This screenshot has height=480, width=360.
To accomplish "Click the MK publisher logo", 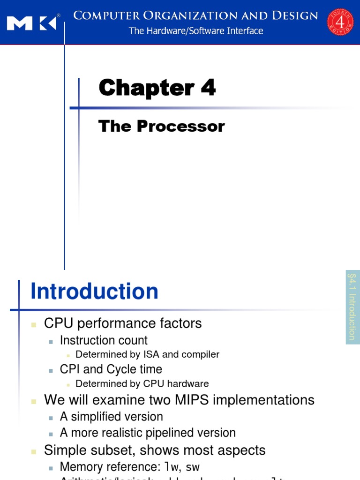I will (32, 22).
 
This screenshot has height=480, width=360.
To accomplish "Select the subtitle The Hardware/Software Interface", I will (196, 31).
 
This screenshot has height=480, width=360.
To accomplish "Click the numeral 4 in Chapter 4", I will (208, 88).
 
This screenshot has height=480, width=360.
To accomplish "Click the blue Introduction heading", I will (94, 292).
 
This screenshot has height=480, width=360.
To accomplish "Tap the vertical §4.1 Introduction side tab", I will (352, 307).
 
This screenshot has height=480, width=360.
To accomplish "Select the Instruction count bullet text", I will (104, 340).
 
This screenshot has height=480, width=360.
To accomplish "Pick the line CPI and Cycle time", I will (111, 369).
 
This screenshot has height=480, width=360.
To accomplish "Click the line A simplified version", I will (111, 417).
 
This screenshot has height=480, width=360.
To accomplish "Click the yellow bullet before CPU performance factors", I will (34, 324).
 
